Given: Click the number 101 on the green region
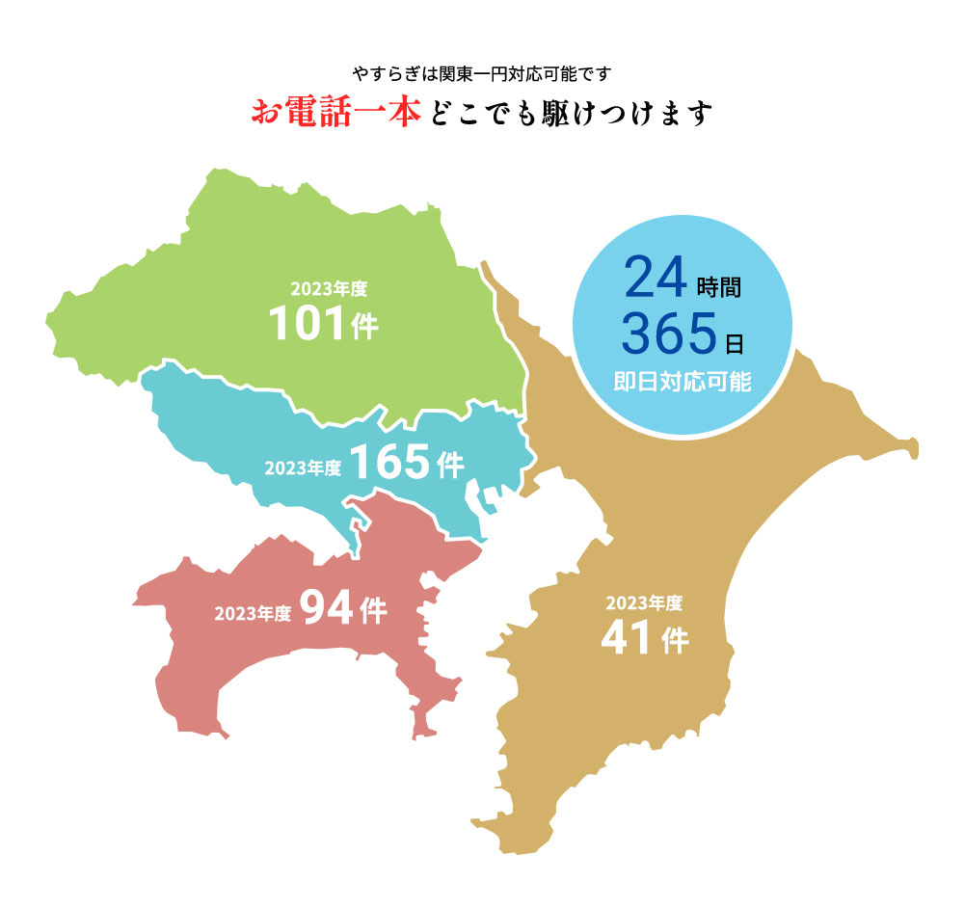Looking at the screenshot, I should pos(306,324).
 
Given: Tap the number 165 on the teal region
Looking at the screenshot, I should pos(388,463).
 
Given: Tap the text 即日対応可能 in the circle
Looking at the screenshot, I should pos(682,382).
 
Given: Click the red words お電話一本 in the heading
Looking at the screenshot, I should pos(335,113).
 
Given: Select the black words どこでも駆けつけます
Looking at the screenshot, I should pos(569,114).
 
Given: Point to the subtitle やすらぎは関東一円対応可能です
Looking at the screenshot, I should pos(482,73).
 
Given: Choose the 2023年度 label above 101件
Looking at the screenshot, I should pos(330,287).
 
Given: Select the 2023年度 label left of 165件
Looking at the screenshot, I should pos(303,468).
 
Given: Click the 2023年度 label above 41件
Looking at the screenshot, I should pos(644,604).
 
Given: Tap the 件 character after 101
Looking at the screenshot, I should pos(365,328).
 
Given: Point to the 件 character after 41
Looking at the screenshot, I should pos(676,641).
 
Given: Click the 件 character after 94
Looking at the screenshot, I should pos(372,611).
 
